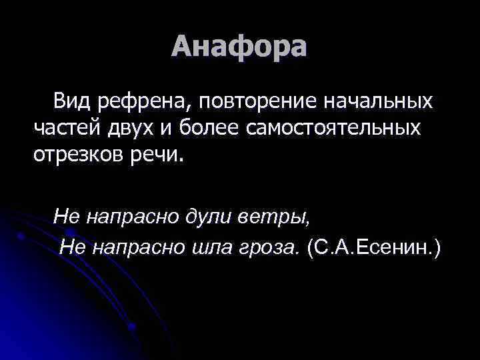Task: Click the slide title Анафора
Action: pos(239,46)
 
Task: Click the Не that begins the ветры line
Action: pos(66,215)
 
